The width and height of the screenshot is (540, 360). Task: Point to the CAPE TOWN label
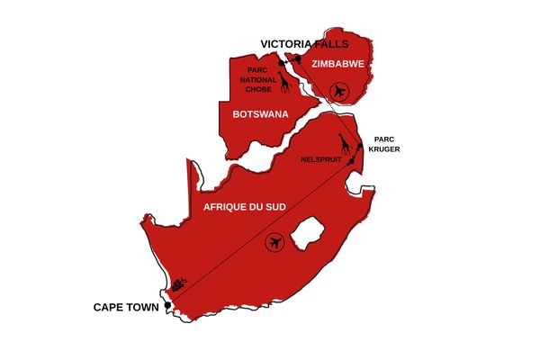(125, 308)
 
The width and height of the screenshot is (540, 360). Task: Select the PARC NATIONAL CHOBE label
(257, 79)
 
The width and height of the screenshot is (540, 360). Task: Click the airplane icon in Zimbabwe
(338, 90)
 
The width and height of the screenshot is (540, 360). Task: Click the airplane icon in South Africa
(275, 241)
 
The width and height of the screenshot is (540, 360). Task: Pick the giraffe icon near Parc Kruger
(343, 145)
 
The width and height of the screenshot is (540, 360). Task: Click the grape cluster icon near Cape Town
(181, 284)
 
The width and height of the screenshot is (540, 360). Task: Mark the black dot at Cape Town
(167, 308)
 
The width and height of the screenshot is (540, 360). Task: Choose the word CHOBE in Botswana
(257, 90)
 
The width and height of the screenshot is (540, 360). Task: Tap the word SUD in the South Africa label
(274, 207)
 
